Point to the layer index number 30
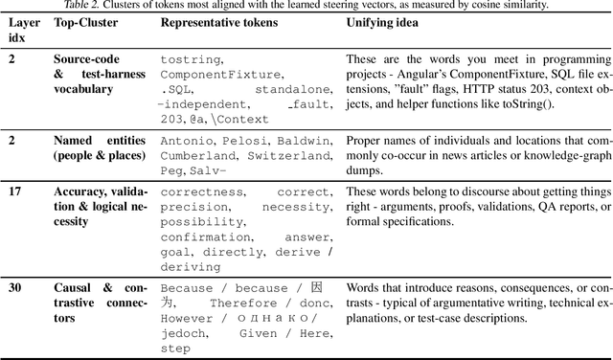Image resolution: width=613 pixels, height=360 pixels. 16,286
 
